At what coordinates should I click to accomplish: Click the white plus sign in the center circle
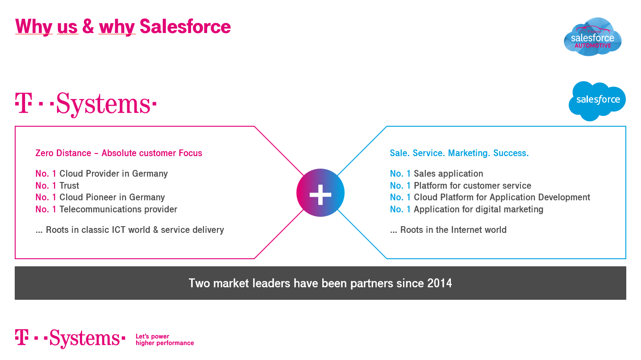320,195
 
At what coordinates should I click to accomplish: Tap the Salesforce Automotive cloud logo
592,37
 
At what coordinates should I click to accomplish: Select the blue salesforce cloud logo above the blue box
597,101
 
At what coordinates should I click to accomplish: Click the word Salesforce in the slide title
185,26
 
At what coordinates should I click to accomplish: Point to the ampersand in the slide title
88,26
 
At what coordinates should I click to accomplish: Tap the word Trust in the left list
69,186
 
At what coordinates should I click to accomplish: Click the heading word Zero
44,153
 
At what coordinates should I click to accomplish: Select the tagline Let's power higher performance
165,339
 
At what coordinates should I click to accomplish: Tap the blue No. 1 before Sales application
400,174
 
